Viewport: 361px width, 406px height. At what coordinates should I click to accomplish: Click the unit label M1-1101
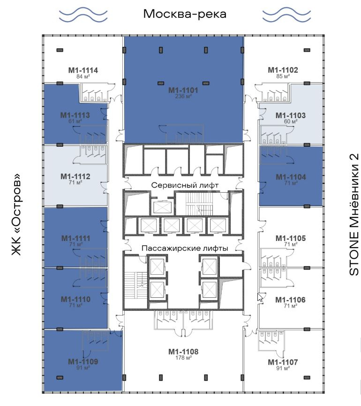coord(183,90)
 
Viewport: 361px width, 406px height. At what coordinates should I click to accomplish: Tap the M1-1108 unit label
coord(183,352)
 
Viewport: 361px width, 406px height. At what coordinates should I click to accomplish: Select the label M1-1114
coord(83,70)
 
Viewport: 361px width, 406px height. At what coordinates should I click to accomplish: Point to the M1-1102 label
coord(283,70)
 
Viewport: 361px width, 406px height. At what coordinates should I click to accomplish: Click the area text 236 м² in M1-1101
coord(183,96)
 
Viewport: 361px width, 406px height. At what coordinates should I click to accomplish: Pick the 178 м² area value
coord(183,358)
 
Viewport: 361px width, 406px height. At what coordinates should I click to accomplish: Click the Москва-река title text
coord(185,14)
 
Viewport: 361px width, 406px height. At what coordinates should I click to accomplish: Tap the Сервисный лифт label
coord(185,185)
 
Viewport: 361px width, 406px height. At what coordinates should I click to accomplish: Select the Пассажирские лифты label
coord(185,248)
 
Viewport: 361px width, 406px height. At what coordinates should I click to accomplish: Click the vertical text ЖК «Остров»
coord(16,214)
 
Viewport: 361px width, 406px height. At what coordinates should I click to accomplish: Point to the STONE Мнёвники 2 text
coord(354,214)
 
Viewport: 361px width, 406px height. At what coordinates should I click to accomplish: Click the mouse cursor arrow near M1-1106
coord(260,297)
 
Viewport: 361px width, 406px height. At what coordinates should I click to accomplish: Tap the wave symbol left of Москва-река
coord(83,15)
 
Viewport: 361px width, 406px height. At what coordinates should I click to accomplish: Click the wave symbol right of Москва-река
coord(286,15)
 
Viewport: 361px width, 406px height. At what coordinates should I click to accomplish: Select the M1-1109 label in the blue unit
coord(83,362)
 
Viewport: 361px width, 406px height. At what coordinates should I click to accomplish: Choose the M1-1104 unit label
coord(291,177)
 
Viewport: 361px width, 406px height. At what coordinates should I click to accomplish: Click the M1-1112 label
coord(75,177)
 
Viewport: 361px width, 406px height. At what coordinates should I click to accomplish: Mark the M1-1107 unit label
coord(283,362)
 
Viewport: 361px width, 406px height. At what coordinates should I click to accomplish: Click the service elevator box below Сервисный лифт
coord(163,207)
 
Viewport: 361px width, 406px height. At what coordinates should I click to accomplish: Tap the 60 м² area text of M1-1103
coord(291,121)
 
